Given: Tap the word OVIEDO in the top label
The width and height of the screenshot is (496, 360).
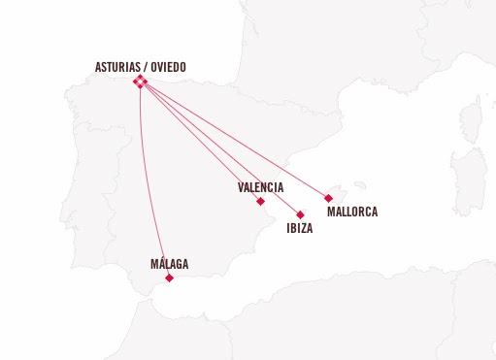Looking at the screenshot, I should click(165, 68).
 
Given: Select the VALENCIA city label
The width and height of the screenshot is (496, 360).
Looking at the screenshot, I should click(260, 186).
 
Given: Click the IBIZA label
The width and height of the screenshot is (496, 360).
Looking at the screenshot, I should click(300, 229).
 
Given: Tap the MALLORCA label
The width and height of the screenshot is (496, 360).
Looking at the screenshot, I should click(351, 212).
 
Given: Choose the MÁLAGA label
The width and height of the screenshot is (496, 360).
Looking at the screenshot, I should click(170, 264).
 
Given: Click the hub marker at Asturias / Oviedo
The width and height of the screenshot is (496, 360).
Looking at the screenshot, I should click(140, 82).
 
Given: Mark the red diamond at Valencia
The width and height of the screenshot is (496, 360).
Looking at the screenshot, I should click(260, 201).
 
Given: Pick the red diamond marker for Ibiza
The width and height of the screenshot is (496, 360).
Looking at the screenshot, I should click(300, 214).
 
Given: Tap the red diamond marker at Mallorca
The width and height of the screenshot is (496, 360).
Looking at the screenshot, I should click(329, 198).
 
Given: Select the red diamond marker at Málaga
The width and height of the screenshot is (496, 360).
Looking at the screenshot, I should click(169, 278).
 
